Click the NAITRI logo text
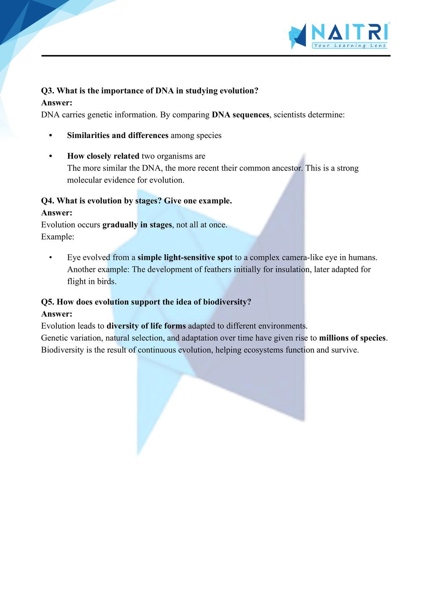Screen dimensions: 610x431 tap(349, 32)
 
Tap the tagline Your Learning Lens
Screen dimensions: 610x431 tap(349, 45)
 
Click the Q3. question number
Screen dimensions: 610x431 tap(48, 91)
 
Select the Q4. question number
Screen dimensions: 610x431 tap(48, 201)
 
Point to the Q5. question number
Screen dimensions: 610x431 tap(48, 302)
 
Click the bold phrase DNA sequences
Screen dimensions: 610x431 tap(240, 115)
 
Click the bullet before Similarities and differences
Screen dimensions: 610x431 tap(51, 136)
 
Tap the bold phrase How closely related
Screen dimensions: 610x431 tap(103, 156)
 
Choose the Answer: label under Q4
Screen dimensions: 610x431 tap(57, 213)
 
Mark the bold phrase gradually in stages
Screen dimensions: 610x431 tap(137, 225)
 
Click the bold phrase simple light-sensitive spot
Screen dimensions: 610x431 tap(185, 258)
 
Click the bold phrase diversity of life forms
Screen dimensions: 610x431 tap(146, 326)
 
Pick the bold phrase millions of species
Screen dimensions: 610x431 tap(352, 338)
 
